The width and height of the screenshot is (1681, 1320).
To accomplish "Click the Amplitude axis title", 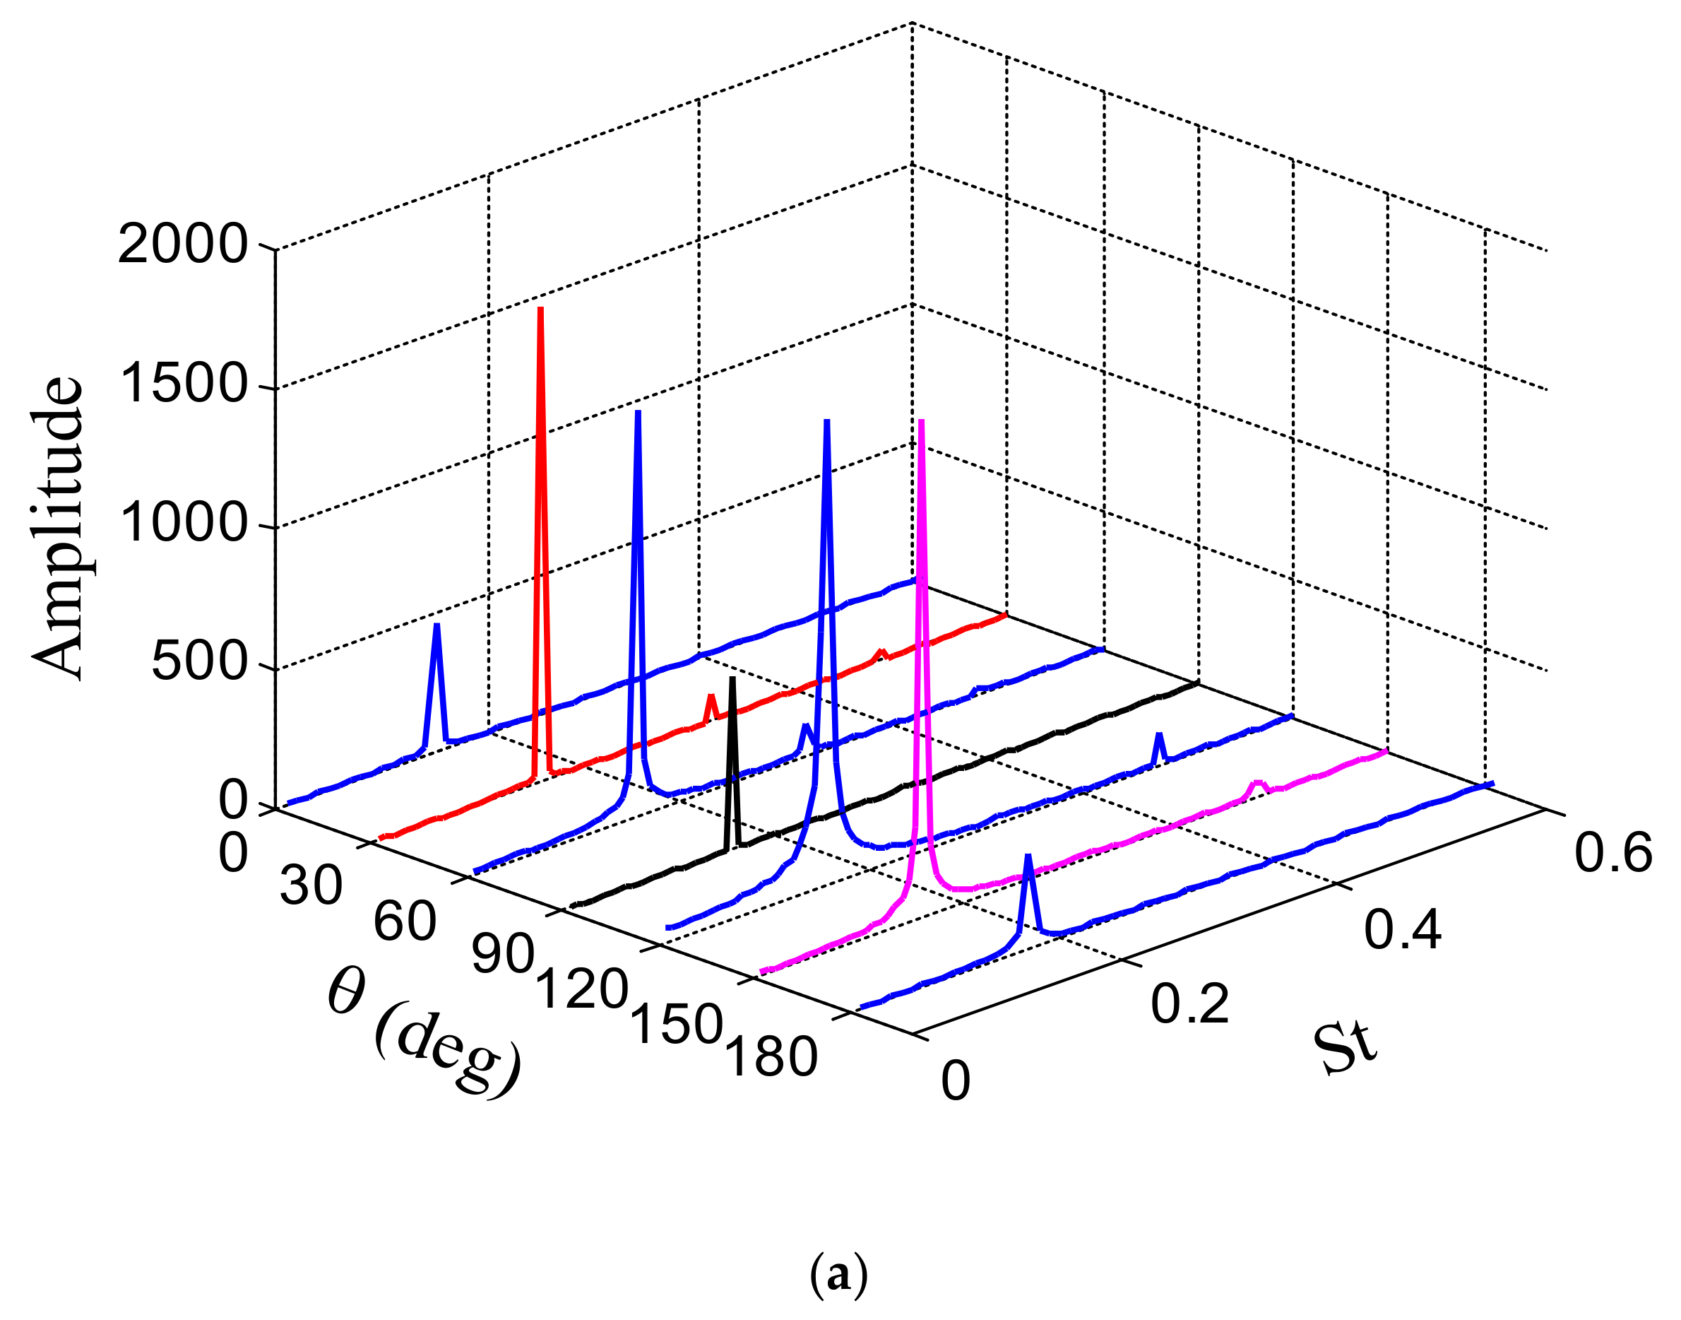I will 58,529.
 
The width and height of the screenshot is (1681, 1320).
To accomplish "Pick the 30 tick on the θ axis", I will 311,885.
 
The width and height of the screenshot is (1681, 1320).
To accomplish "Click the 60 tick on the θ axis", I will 405,921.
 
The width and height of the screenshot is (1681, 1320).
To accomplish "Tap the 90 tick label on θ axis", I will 503,955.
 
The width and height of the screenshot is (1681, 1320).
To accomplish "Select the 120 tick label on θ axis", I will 582,989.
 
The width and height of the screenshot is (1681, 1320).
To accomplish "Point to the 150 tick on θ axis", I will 677,1025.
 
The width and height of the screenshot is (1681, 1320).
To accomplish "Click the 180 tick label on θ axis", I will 771,1058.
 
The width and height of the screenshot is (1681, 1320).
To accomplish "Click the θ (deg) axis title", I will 423,1036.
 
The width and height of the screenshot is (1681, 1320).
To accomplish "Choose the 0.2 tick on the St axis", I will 1189,1005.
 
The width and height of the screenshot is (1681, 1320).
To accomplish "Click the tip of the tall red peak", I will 541,308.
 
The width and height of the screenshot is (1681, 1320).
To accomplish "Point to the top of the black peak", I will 732,678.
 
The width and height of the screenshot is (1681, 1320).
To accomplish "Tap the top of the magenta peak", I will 921,421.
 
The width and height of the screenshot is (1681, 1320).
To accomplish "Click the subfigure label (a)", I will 839,1276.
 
